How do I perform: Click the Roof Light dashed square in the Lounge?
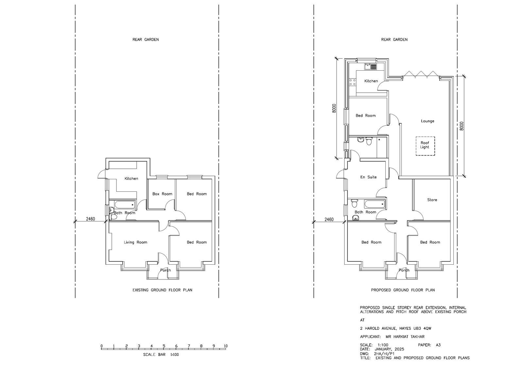click(425, 137)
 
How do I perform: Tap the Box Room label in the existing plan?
click(162, 194)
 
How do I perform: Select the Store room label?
click(432, 200)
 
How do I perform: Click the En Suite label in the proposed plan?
click(368, 177)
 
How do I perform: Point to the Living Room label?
click(135, 242)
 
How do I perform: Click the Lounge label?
click(428, 121)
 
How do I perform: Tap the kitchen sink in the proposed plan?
click(371, 67)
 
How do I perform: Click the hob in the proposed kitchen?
click(353, 82)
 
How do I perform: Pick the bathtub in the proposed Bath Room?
click(374, 204)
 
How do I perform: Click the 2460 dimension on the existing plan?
click(91, 219)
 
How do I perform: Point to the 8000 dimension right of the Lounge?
click(462, 126)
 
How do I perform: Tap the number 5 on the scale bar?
click(164, 346)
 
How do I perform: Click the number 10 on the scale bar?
click(226, 346)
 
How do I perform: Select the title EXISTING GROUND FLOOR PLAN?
click(162, 290)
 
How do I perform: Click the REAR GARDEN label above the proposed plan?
click(394, 40)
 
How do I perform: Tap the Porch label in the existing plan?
click(165, 270)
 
